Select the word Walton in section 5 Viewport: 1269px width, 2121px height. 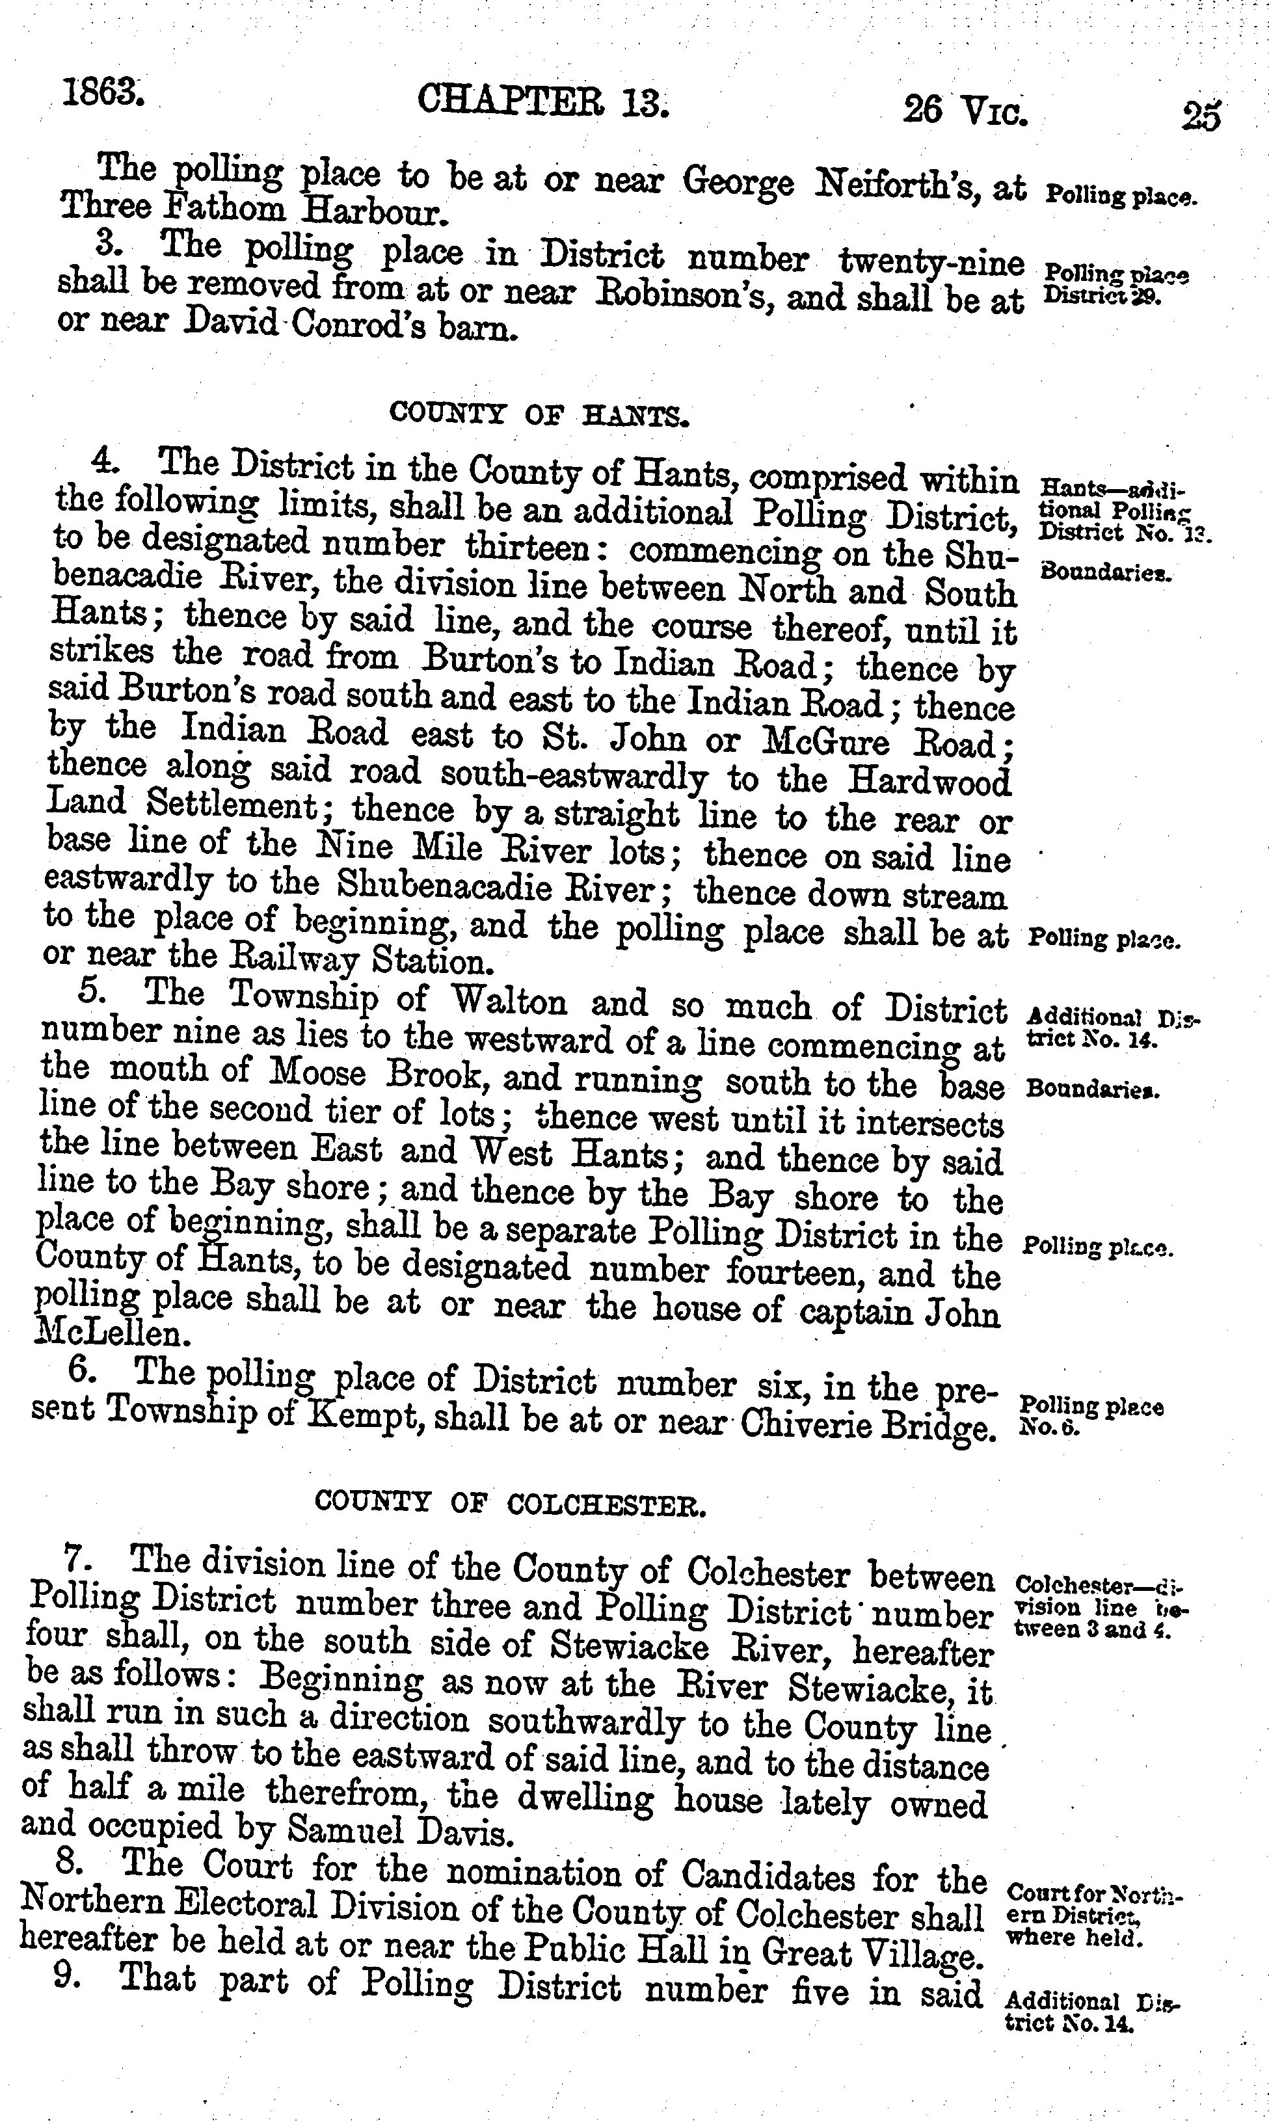[508, 1001]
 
